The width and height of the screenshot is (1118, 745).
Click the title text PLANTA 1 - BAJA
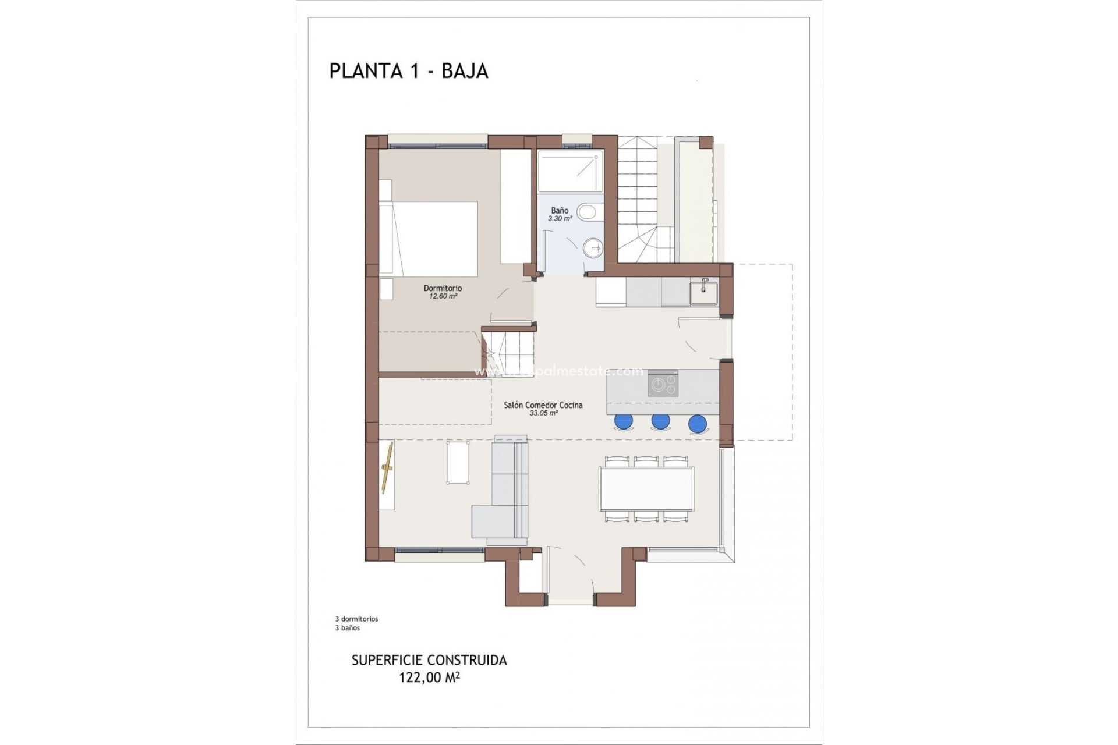click(409, 71)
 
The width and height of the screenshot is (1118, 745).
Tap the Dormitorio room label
click(443, 288)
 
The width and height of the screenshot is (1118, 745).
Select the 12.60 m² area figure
click(443, 296)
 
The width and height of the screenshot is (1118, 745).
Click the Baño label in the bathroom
click(560, 210)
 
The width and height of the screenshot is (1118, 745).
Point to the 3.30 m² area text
click(560, 219)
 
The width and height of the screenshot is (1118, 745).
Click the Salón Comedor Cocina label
click(543, 405)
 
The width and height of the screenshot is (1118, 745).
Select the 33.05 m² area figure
click(543, 413)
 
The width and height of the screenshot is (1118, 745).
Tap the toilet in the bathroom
click(588, 212)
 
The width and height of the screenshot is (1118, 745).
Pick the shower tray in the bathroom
click(569, 172)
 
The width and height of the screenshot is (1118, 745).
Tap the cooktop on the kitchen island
click(663, 384)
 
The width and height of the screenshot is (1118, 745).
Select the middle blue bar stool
click(660, 421)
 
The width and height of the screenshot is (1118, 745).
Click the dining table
click(647, 489)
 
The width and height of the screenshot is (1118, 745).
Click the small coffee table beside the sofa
click(458, 462)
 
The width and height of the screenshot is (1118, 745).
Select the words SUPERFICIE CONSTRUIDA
click(429, 661)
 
